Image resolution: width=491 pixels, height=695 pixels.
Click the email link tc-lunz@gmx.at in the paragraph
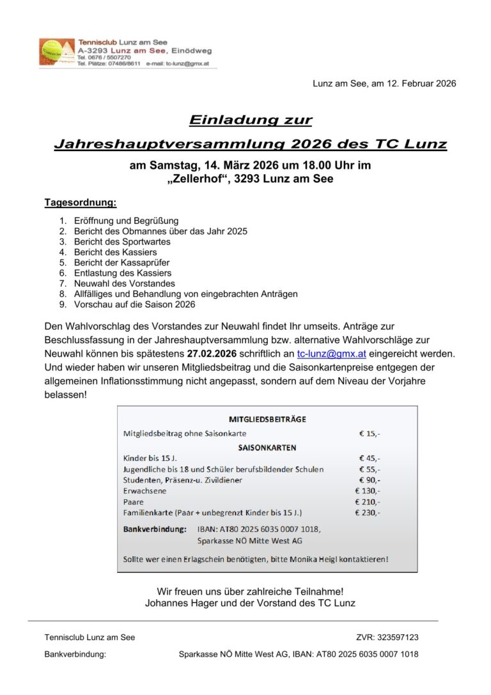(x=331, y=353)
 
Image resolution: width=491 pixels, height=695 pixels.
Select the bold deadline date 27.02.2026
(x=213, y=353)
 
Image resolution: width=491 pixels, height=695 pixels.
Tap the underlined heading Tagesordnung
(x=81, y=203)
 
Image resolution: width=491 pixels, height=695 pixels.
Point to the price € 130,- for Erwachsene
(x=368, y=491)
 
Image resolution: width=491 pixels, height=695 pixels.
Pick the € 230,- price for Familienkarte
(x=368, y=513)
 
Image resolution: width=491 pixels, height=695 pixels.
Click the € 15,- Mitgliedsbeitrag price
(x=370, y=433)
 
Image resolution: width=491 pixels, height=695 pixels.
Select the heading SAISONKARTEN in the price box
(x=267, y=447)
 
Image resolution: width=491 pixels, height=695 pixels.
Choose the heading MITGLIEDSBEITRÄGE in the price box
(x=267, y=419)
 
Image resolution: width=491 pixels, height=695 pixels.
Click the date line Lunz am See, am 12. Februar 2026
(x=384, y=84)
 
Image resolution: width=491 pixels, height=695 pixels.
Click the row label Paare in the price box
(x=134, y=502)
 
